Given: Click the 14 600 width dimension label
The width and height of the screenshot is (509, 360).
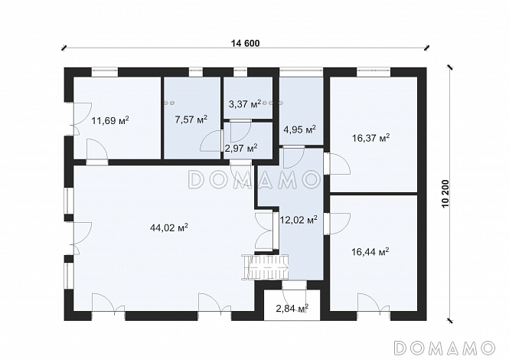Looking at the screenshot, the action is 246,43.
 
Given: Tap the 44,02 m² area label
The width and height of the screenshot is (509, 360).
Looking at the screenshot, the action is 169,227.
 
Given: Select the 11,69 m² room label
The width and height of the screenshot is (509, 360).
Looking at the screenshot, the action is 110,120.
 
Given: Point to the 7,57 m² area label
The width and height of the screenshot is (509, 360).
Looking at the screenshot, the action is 191,119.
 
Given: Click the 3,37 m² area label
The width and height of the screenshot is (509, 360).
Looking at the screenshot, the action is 245,104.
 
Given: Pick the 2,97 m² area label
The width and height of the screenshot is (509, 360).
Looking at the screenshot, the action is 241,148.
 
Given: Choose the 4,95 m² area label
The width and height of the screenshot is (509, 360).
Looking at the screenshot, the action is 299,129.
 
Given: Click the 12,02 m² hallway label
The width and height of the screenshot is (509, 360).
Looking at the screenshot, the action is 299,220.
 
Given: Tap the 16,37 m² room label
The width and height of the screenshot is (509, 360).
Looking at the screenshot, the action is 371,139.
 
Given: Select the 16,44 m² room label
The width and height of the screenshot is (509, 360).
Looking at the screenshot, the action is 370,251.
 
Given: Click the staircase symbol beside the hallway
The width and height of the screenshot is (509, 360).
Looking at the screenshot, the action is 265,267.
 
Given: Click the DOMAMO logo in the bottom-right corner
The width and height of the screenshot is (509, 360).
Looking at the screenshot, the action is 445,348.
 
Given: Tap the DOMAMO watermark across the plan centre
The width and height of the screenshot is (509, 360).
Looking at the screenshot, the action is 254,179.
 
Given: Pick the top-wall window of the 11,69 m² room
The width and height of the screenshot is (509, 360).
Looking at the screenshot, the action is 105,71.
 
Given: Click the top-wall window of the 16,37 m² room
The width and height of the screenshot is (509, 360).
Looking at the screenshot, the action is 374,71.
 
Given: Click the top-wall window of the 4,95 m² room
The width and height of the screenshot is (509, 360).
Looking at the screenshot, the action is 302,71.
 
